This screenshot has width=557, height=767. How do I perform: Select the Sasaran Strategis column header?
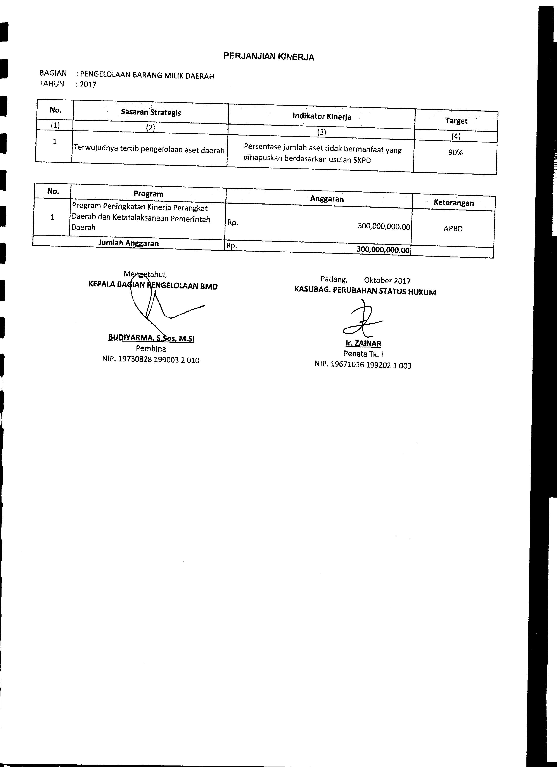click(x=151, y=113)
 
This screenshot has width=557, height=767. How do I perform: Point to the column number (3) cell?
click(x=322, y=132)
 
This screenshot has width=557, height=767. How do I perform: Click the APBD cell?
click(x=453, y=229)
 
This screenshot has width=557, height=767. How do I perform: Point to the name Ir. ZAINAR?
click(x=363, y=344)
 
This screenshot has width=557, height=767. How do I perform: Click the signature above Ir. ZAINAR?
click(x=362, y=319)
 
